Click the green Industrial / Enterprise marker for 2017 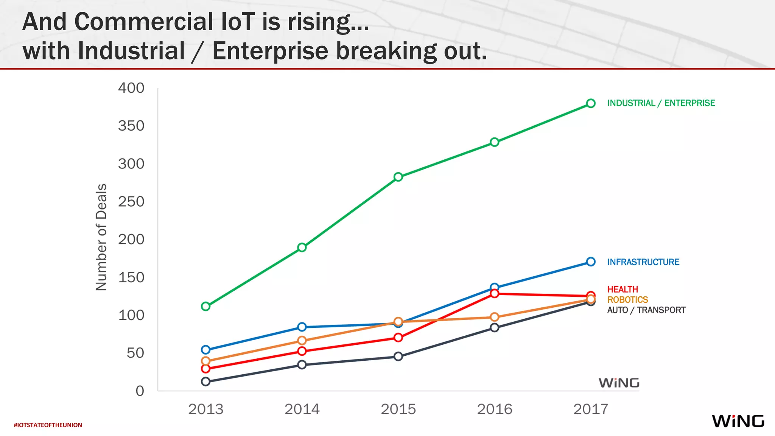click(x=591, y=103)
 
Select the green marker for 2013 click(x=205, y=306)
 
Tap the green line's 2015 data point click(x=398, y=177)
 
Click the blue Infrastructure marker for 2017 click(x=591, y=262)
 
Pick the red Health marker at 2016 click(x=494, y=294)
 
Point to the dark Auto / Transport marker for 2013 click(x=205, y=381)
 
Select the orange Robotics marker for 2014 click(x=302, y=341)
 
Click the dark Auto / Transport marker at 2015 click(x=398, y=356)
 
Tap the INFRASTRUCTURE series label click(x=643, y=262)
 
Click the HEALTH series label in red click(x=622, y=289)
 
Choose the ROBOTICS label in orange click(x=627, y=300)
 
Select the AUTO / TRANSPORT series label click(x=646, y=310)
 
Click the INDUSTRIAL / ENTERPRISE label click(x=661, y=103)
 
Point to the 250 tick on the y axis click(x=131, y=202)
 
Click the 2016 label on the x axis click(x=494, y=409)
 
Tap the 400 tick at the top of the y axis click(x=131, y=88)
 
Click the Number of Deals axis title click(x=101, y=237)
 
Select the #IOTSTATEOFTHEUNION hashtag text click(x=48, y=425)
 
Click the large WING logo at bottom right click(x=738, y=421)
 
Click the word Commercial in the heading click(x=144, y=22)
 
